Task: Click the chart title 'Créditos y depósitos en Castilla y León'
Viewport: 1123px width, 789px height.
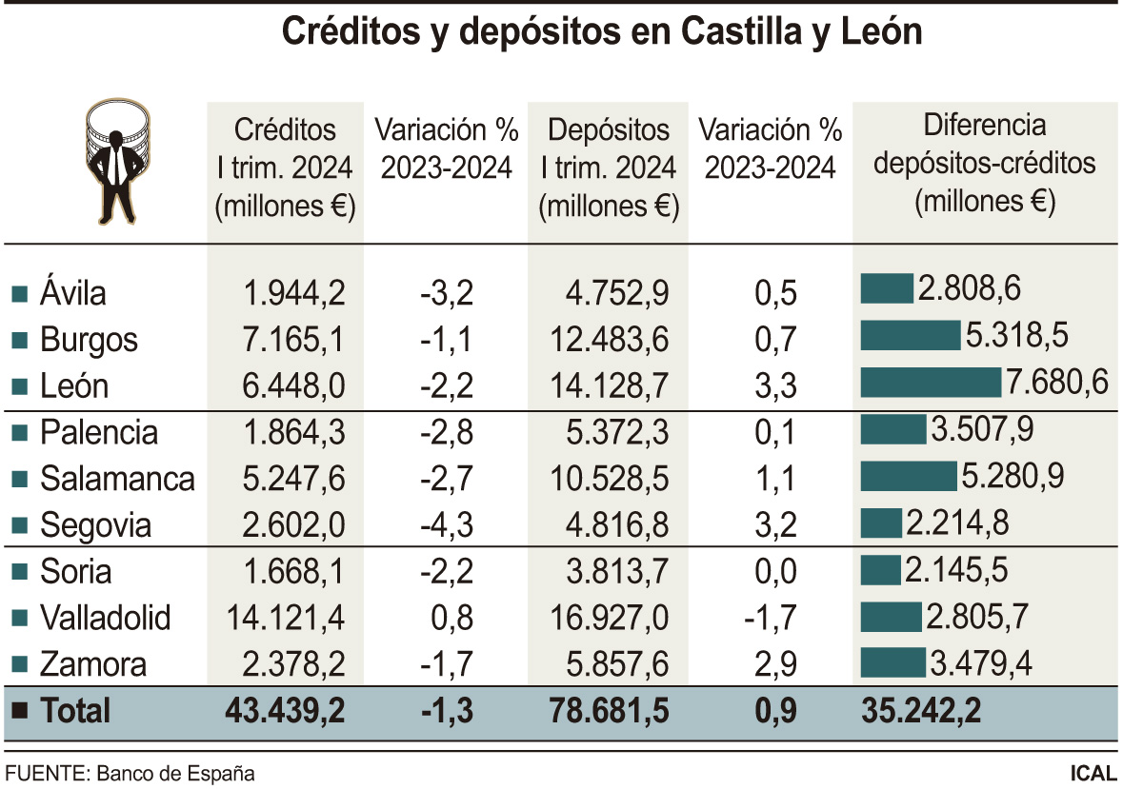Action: pyautogui.click(x=602, y=32)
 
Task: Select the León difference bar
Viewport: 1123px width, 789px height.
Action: pyautogui.click(x=931, y=383)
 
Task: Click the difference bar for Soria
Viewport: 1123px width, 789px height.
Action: pyautogui.click(x=880, y=570)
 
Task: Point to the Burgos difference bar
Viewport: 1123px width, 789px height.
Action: pyautogui.click(x=910, y=336)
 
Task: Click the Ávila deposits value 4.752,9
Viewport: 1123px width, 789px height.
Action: pyautogui.click(x=610, y=292)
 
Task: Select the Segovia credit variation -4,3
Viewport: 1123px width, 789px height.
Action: pyautogui.click(x=447, y=524)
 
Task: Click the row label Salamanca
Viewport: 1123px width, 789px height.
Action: pyautogui.click(x=117, y=478)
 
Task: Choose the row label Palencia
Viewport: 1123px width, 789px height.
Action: pyautogui.click(x=99, y=432)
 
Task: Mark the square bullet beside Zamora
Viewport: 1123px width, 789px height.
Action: pyautogui.click(x=18, y=664)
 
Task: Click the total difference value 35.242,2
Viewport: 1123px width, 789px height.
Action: pyautogui.click(x=921, y=710)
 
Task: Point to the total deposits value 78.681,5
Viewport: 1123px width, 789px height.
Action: pyautogui.click(x=609, y=710)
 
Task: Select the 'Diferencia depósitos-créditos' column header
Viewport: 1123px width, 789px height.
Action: pyautogui.click(x=985, y=163)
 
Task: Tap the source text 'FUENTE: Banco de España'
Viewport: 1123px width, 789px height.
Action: pyautogui.click(x=130, y=772)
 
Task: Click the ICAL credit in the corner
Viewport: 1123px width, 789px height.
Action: pyautogui.click(x=1093, y=772)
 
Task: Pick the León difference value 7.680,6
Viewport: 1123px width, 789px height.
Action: pyautogui.click(x=1057, y=384)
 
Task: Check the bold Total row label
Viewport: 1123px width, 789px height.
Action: pyautogui.click(x=75, y=710)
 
